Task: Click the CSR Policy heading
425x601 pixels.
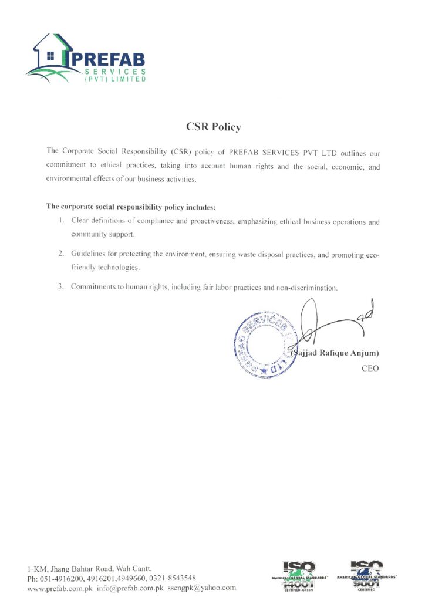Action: click(213, 127)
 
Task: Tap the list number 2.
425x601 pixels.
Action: click(60, 254)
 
